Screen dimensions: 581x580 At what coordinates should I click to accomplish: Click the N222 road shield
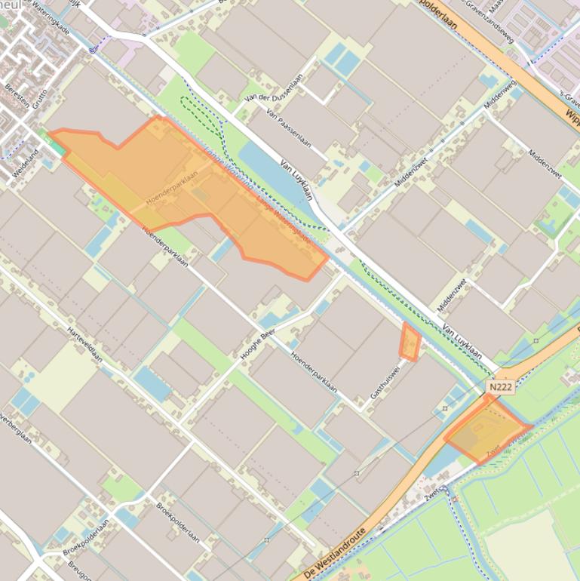(x=500, y=387)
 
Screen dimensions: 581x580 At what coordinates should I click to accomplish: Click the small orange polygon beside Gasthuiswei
(x=410, y=342)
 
